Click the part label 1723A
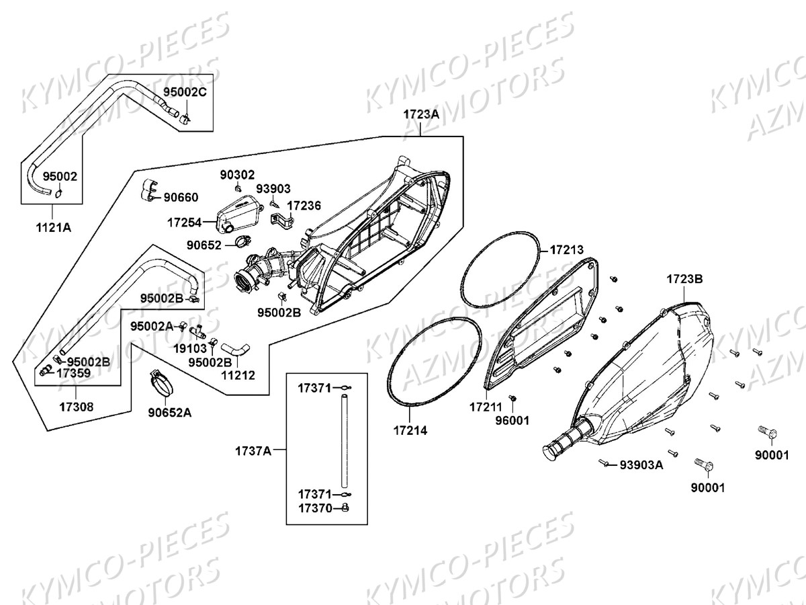pyautogui.click(x=421, y=114)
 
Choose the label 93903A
pyautogui.click(x=641, y=465)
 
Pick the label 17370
pyautogui.click(x=316, y=508)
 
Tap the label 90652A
pyautogui.click(x=170, y=412)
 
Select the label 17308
pyautogui.click(x=75, y=406)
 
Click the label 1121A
pyautogui.click(x=53, y=227)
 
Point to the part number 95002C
pyautogui.click(x=185, y=92)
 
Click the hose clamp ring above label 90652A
pyautogui.click(x=163, y=384)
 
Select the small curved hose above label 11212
pyautogui.click(x=235, y=349)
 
